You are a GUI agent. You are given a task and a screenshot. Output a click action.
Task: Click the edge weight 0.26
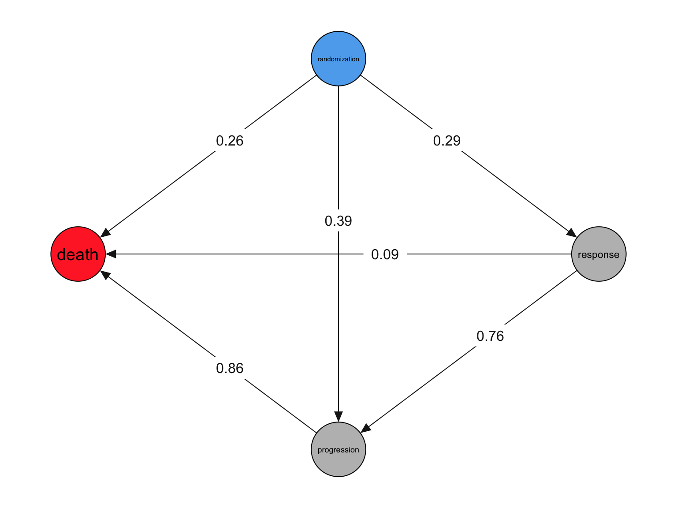coord(230,141)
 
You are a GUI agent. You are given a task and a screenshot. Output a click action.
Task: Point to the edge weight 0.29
coord(447,141)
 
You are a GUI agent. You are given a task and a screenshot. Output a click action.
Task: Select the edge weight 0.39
coord(338,221)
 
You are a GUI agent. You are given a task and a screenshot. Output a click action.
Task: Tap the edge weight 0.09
coord(385,254)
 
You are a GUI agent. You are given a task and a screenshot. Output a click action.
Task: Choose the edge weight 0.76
coord(490,336)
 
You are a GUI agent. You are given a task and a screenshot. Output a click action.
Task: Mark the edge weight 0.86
coord(230,368)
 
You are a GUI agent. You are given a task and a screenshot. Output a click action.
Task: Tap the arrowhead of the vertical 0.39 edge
coord(338,417)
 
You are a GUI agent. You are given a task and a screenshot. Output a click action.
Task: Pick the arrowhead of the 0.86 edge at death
coord(106,275)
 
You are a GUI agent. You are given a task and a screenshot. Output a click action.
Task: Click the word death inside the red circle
coord(78,255)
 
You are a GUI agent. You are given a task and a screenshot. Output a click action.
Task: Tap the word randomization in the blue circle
coord(338,59)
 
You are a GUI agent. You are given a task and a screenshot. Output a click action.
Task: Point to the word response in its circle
coord(599,254)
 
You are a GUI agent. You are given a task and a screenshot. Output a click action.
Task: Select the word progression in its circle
coord(338,450)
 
